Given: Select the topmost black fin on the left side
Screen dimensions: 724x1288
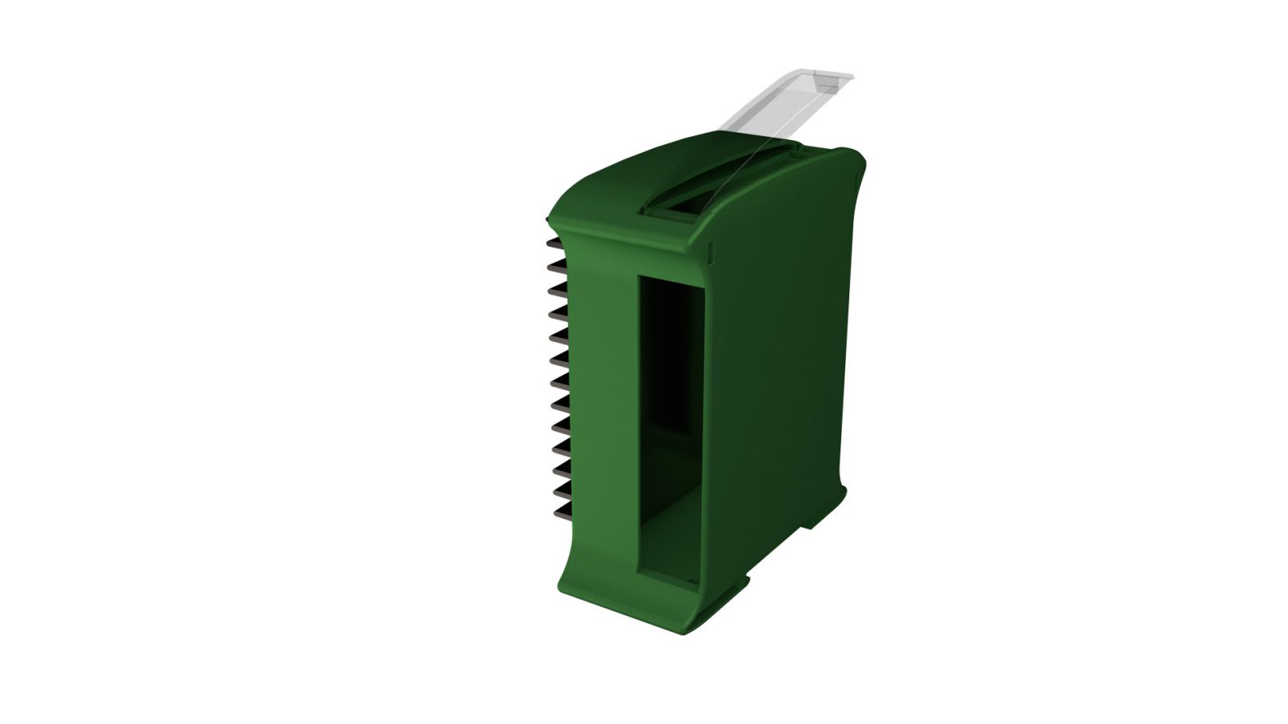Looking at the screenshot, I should pyautogui.click(x=555, y=242).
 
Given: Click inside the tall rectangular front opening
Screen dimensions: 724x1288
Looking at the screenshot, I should pyautogui.click(x=672, y=418).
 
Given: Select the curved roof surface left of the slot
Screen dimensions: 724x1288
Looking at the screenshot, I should pyautogui.click(x=612, y=193).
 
